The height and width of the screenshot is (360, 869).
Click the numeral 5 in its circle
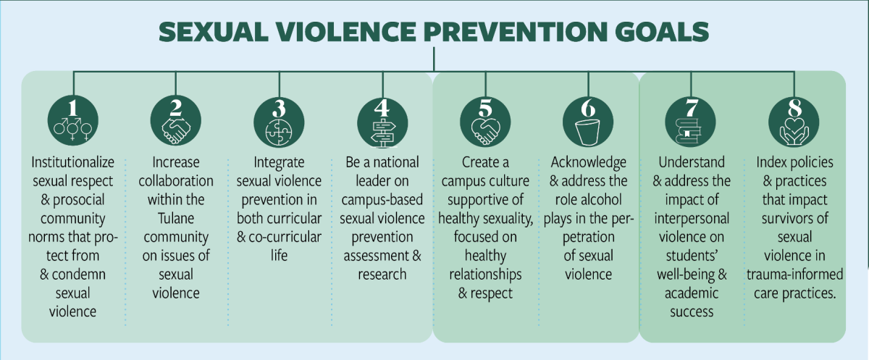pyautogui.click(x=484, y=109)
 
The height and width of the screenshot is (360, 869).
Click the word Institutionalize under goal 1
pyautogui.click(x=71, y=162)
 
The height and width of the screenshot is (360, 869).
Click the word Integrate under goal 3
pyautogui.click(x=279, y=162)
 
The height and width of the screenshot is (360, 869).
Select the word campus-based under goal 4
pyautogui.click(x=382, y=199)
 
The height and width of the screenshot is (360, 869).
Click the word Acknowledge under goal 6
pyautogui.click(x=587, y=162)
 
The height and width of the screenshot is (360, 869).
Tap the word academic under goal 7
pyautogui.click(x=690, y=293)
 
